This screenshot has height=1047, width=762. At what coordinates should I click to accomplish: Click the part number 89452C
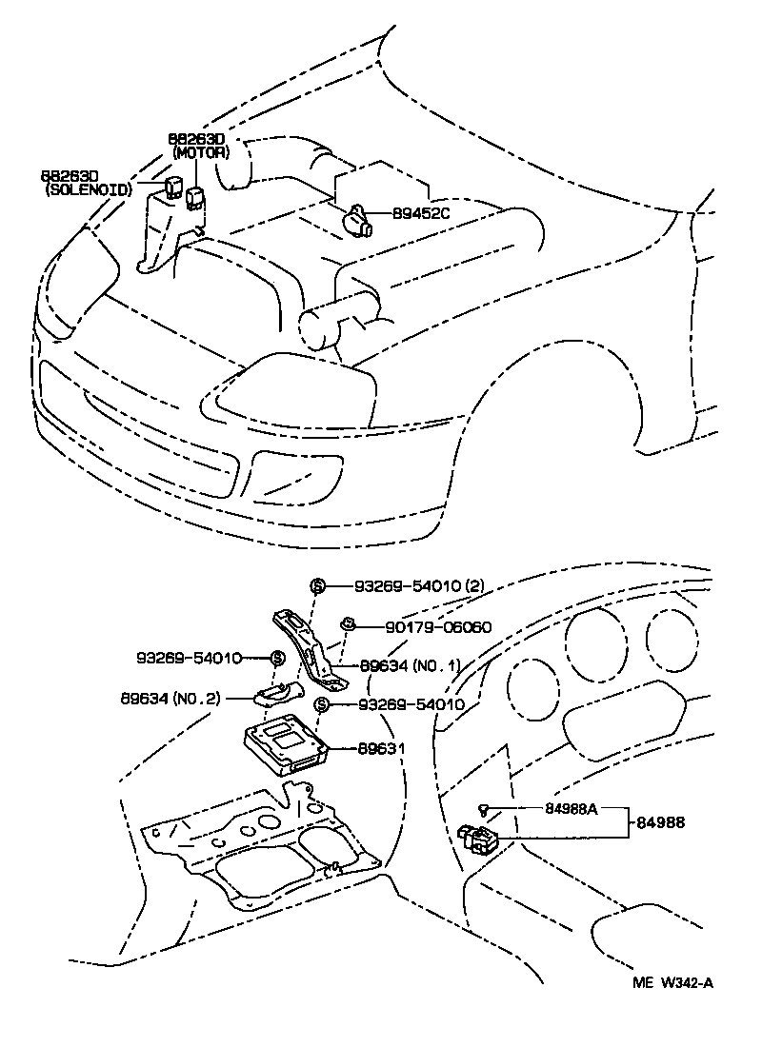[420, 213]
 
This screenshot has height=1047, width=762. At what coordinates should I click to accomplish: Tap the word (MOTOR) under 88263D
[200, 151]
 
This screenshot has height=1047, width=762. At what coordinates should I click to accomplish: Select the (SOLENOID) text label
[89, 190]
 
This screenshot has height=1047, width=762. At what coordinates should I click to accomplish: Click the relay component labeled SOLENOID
[173, 187]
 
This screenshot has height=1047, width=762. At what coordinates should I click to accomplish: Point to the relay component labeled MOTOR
[195, 197]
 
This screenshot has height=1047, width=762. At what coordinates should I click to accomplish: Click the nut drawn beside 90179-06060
[348, 624]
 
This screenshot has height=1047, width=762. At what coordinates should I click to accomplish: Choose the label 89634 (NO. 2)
[170, 697]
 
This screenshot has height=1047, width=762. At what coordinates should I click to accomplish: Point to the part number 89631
[381, 748]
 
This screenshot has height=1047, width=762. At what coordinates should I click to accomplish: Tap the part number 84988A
[571, 809]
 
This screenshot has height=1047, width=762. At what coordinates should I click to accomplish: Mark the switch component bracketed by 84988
[479, 838]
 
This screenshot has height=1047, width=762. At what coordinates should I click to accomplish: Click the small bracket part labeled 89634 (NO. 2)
[278, 691]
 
